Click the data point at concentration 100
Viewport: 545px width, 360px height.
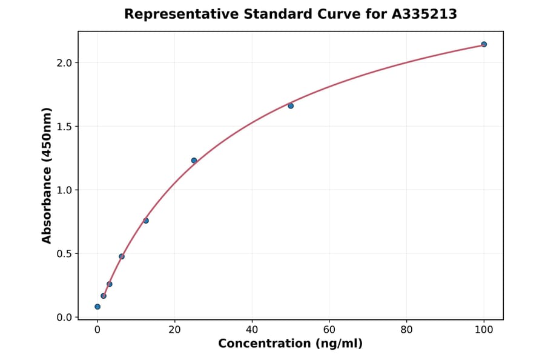click(484, 44)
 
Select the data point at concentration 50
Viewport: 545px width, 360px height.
click(291, 105)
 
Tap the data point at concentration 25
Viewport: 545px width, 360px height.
click(194, 161)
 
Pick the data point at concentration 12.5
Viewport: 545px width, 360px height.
click(146, 221)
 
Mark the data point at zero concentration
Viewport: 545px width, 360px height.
click(97, 307)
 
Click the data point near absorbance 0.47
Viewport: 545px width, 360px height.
click(122, 256)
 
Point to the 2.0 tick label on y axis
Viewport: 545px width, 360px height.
click(64, 63)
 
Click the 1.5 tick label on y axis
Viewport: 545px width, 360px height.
click(64, 127)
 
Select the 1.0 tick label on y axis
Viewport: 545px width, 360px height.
click(64, 190)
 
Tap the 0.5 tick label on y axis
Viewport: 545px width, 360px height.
click(64, 254)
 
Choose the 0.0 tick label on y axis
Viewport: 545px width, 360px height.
click(64, 318)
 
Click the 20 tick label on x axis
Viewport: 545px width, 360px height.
click(174, 330)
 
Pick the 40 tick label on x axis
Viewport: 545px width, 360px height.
click(252, 330)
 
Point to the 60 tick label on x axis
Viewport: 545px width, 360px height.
click(329, 330)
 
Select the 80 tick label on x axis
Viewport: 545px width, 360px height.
click(406, 330)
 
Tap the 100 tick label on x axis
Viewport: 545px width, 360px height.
click(484, 330)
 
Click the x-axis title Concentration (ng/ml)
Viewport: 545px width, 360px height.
click(290, 344)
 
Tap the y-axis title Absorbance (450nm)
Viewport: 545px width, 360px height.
click(47, 175)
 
